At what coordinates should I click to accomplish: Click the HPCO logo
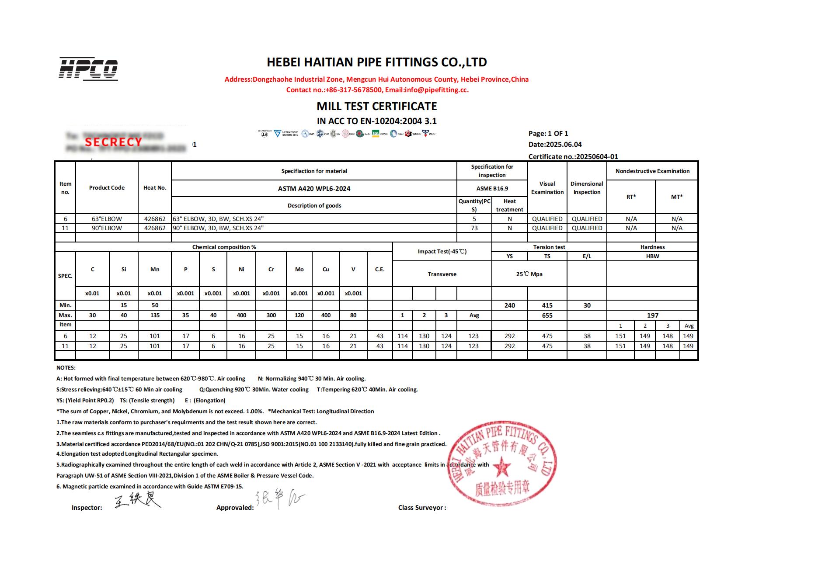click(88, 69)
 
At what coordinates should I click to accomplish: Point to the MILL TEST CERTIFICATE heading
click(376, 106)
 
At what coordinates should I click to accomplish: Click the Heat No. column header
click(155, 188)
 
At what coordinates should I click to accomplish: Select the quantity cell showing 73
click(474, 228)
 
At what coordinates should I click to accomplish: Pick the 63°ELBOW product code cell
click(107, 219)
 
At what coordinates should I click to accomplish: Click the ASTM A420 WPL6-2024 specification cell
click(314, 189)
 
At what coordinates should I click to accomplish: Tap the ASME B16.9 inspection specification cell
click(492, 189)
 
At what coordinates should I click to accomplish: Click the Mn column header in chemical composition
click(155, 269)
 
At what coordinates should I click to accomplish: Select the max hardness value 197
click(652, 315)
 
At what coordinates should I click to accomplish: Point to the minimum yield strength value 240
click(509, 305)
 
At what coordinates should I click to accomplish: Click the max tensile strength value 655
click(547, 315)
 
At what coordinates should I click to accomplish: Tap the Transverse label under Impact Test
click(442, 274)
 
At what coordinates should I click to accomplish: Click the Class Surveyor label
click(422, 508)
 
